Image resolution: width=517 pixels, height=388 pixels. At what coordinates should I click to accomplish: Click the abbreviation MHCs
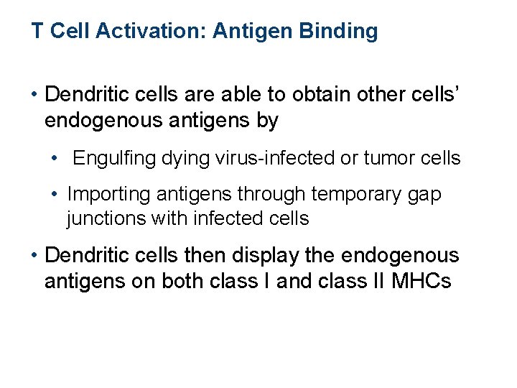pyautogui.click(x=421, y=281)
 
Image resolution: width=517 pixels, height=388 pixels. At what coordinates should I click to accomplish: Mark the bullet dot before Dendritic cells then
pyautogui.click(x=34, y=256)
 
